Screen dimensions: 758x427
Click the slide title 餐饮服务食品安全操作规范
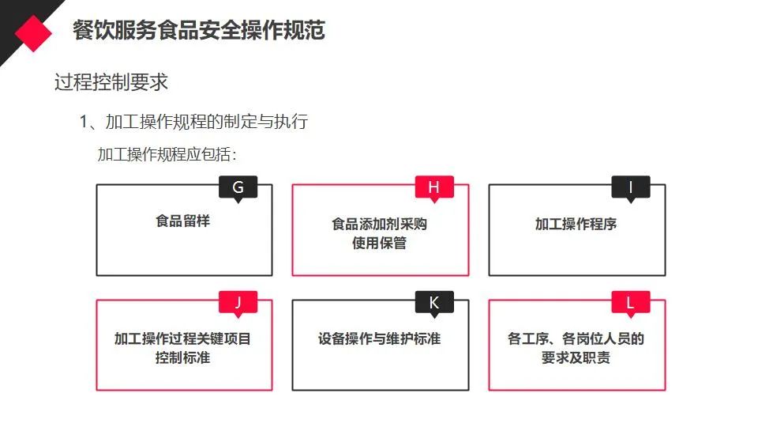(198, 31)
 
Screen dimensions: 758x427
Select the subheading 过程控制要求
(111, 81)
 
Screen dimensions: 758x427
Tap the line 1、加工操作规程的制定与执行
(193, 122)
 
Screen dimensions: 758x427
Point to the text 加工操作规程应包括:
(167, 154)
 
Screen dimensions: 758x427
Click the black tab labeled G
(238, 187)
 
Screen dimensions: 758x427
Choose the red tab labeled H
(433, 187)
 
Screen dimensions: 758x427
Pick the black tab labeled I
(630, 187)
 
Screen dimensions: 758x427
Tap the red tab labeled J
(238, 303)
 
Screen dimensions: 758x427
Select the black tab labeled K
(433, 303)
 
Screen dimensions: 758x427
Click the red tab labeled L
(630, 303)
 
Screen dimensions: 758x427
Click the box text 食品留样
(182, 221)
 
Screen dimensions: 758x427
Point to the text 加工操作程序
(576, 224)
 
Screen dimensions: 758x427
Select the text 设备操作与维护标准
(379, 338)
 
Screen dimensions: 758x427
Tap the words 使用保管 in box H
(379, 243)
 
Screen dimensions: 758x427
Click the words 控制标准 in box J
(182, 357)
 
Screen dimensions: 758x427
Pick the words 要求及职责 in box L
(576, 357)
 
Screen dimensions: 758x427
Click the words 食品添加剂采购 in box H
(379, 224)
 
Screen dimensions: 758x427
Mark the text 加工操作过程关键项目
(182, 338)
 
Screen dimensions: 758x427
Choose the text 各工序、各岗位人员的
(576, 338)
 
